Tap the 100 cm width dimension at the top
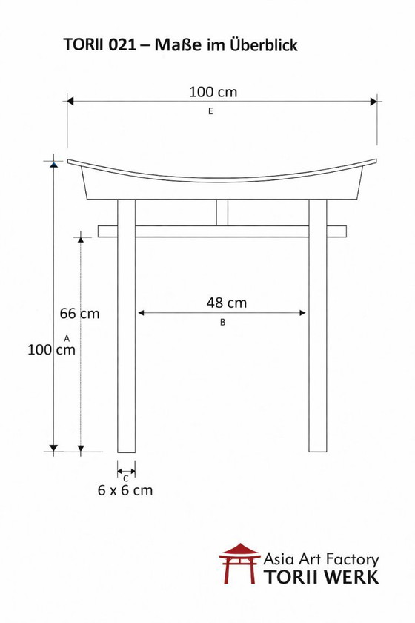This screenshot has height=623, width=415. click(x=213, y=92)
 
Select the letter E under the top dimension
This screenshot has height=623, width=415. click(x=211, y=111)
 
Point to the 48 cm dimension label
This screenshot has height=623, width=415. click(x=226, y=303)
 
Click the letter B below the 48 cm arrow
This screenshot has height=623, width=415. click(x=222, y=323)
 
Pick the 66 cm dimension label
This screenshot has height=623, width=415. click(x=79, y=313)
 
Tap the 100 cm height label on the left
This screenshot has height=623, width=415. click(x=52, y=350)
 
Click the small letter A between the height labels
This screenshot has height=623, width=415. click(x=67, y=338)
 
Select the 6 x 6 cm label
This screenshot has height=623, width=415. click(x=125, y=490)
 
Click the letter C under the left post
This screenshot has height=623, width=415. click(x=126, y=478)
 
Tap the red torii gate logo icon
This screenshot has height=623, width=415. click(x=239, y=564)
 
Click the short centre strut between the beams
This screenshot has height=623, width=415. click(x=222, y=212)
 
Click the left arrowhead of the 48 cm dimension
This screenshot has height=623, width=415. click(x=142, y=313)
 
